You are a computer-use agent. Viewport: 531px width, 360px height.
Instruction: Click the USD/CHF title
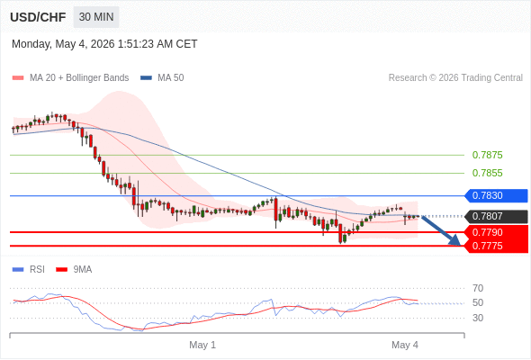tap(38, 17)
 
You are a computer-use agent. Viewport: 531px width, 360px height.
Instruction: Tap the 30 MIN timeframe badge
tap(96, 17)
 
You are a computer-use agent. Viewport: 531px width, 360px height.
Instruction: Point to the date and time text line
tap(104, 44)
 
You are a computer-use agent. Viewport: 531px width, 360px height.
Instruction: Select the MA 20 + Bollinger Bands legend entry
tap(70, 78)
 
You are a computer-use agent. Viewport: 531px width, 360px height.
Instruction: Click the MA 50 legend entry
tap(162, 78)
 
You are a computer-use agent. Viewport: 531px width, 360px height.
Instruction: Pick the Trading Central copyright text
tap(455, 78)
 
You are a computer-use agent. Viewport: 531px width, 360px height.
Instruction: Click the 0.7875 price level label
tap(487, 155)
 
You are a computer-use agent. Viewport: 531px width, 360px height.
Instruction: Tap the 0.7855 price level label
tap(487, 173)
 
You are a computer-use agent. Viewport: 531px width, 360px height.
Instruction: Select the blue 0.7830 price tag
tap(496, 195)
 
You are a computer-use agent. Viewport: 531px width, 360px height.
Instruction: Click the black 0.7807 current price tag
tap(496, 216)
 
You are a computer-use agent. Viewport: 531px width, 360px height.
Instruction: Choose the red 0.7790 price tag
tap(496, 232)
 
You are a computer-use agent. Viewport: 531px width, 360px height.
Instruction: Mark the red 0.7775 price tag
tap(496, 246)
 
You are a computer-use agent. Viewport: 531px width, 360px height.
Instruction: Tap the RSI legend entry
tap(29, 270)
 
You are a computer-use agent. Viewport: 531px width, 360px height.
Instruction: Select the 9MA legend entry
tap(74, 270)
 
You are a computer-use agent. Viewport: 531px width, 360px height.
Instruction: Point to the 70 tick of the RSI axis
tap(478, 288)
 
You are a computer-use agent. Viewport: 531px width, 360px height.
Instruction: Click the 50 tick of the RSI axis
tap(478, 302)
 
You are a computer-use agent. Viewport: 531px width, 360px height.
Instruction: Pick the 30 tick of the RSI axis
tap(478, 318)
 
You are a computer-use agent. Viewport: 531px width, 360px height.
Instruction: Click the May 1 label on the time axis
tap(202, 345)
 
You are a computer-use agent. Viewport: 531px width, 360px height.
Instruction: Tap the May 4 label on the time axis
tap(405, 345)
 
